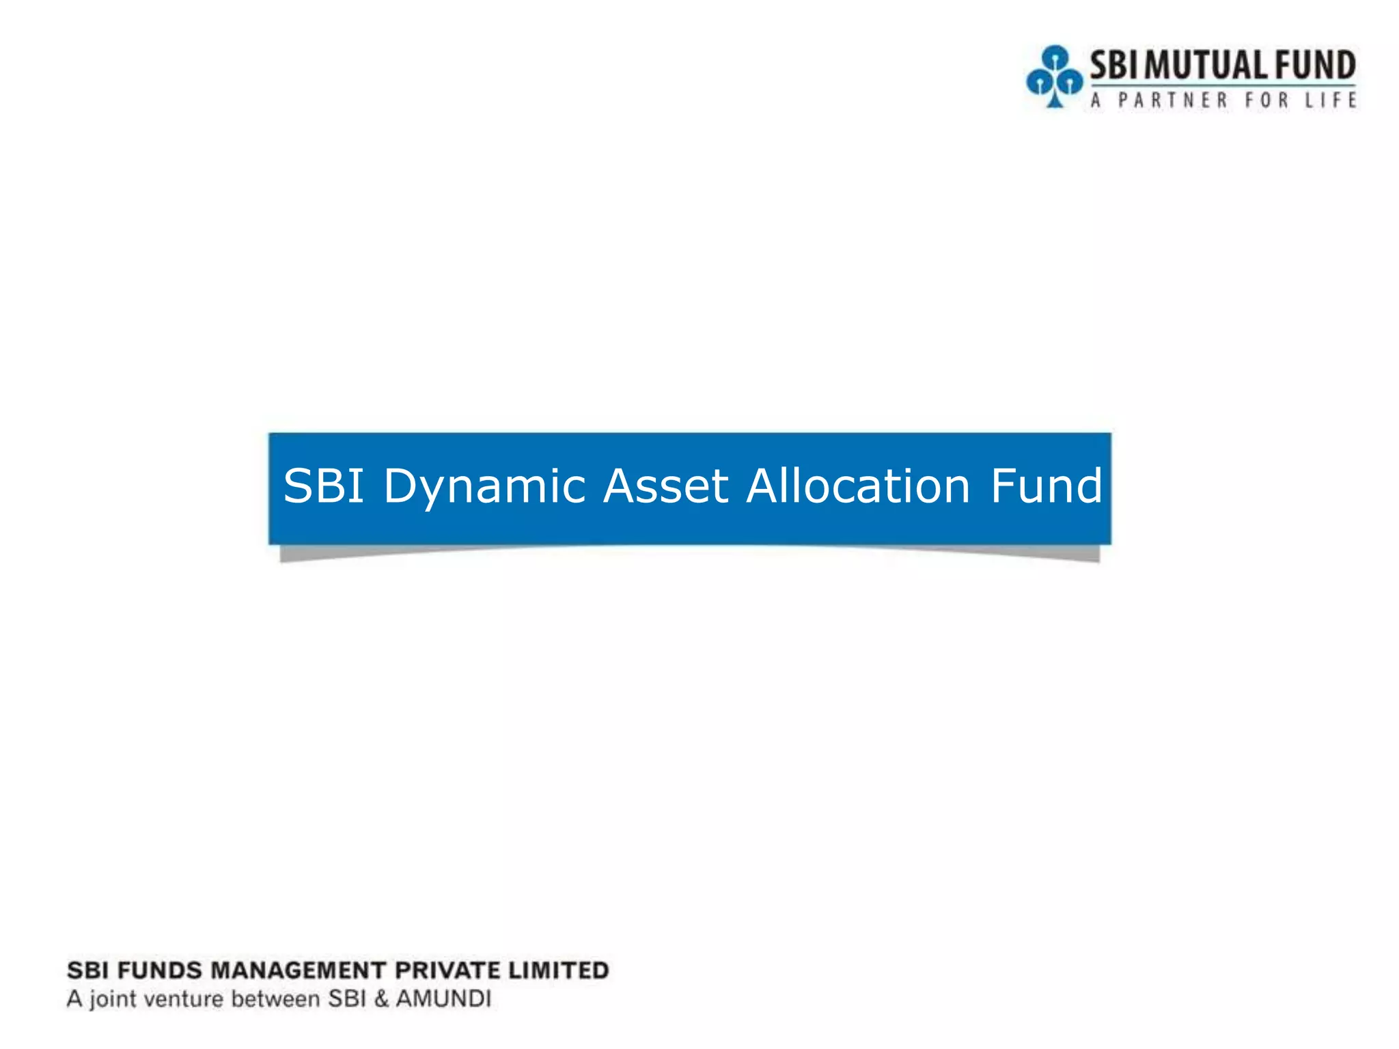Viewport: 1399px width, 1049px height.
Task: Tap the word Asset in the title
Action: pos(665,487)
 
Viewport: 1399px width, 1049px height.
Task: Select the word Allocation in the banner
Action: pos(858,487)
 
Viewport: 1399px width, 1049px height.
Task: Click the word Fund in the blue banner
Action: pos(1046,487)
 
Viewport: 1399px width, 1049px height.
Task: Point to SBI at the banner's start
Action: pos(324,487)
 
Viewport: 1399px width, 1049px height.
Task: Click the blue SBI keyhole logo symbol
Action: pos(1054,76)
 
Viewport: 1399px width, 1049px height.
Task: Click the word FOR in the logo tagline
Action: pos(1266,100)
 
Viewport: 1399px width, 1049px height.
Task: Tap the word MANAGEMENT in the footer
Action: pos(299,970)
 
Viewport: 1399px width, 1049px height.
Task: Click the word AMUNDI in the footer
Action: pos(443,999)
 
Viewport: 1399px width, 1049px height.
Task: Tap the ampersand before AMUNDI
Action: pos(381,999)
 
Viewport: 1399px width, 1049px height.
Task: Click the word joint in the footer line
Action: pos(113,999)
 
